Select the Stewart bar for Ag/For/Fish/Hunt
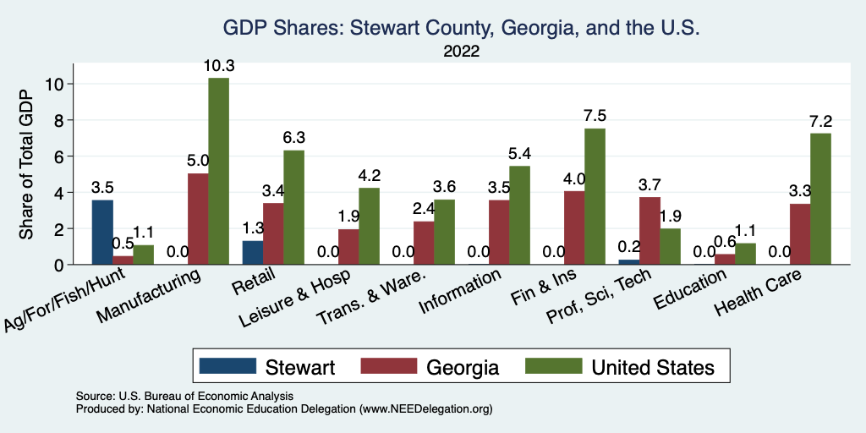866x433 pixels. [102, 232]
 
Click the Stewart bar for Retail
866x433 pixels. [252, 252]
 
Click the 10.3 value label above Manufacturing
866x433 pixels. [218, 65]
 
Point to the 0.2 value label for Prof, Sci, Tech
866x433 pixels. [629, 247]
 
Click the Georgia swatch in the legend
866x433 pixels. [389, 366]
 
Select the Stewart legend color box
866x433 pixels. [227, 366]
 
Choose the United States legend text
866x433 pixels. [652, 367]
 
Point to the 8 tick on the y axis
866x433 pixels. [58, 120]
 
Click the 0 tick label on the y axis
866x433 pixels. [58, 265]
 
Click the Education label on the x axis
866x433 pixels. [688, 292]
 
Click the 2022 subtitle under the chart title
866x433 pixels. [461, 52]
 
